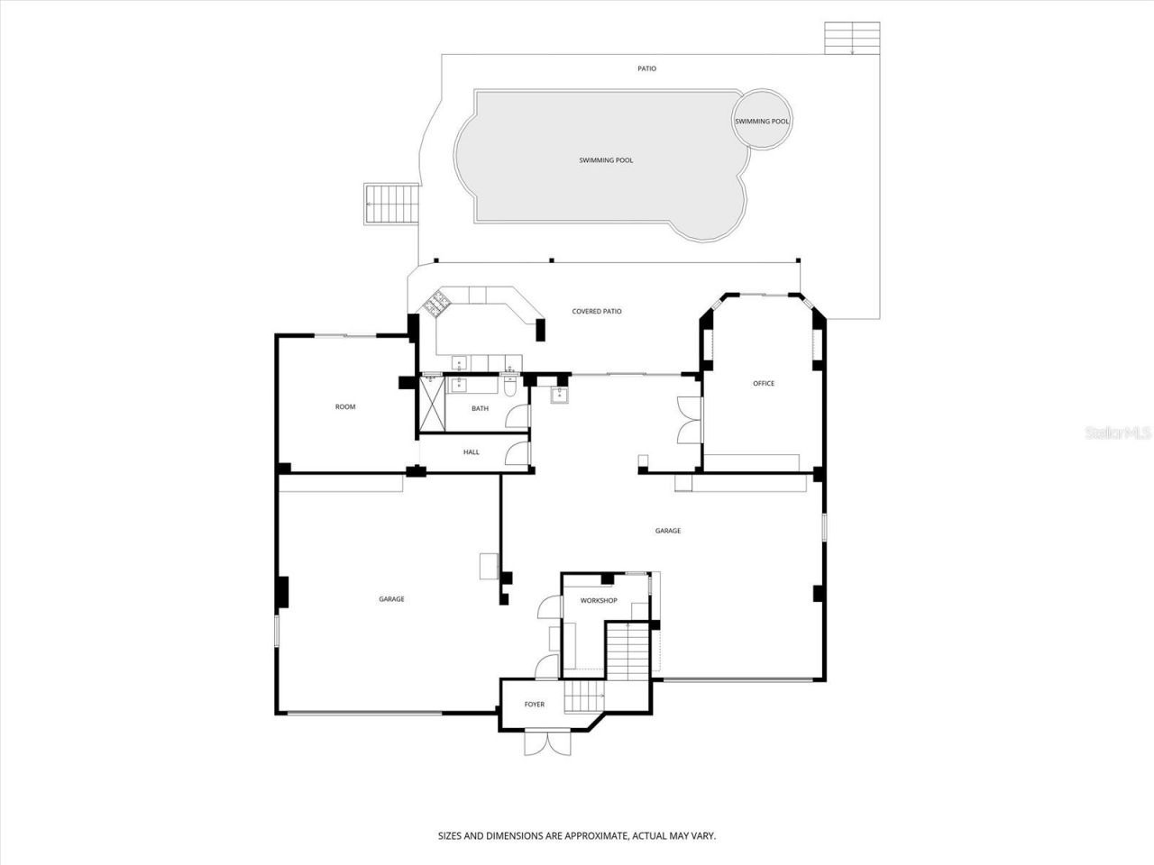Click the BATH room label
480,408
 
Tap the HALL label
472,452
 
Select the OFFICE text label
764,383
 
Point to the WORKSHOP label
598,600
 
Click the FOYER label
535,704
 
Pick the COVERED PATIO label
597,312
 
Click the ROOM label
345,406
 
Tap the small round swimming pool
762,121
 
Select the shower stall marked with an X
432,405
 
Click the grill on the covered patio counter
437,305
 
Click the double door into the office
689,420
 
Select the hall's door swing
517,452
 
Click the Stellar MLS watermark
1118,433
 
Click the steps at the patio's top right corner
852,39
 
